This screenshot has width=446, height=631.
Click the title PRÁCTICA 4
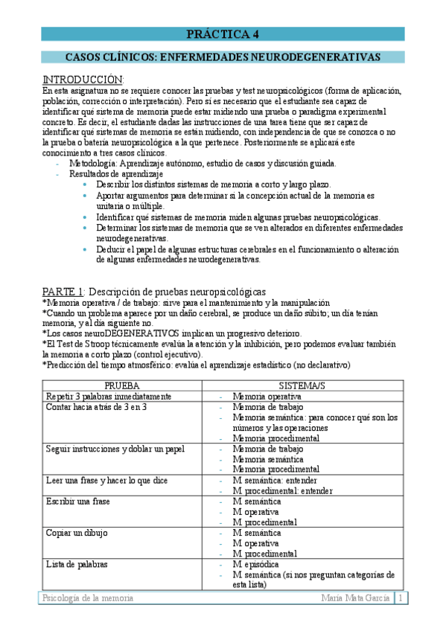[223, 34]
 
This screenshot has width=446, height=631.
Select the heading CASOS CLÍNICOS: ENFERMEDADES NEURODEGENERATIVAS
[223, 57]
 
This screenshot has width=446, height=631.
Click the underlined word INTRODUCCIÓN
[82, 80]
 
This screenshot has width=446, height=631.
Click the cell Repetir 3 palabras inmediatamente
[109, 397]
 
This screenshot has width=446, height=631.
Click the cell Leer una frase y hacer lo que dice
[109, 480]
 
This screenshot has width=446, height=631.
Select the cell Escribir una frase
[77, 501]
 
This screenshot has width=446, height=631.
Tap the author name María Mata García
[354, 599]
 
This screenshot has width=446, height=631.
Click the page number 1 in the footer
[401, 599]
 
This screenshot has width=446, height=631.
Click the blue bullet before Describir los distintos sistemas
[86, 184]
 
